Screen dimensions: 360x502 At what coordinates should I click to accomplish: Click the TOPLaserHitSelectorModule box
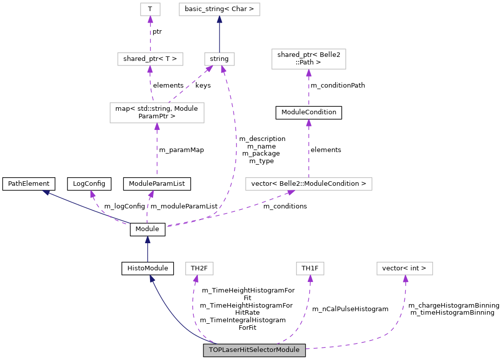tap(254, 350)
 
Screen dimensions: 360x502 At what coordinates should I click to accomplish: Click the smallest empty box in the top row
tap(150, 9)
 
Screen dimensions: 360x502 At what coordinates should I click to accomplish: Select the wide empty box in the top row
tap(220, 9)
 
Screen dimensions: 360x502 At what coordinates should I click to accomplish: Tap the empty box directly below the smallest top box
tap(150, 59)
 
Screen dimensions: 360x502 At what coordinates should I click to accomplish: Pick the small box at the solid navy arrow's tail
tap(220, 59)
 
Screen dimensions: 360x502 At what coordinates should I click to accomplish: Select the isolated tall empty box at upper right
tap(309, 59)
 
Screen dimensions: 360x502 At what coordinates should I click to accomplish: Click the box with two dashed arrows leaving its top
tap(157, 113)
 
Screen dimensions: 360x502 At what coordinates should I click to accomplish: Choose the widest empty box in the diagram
tap(309, 184)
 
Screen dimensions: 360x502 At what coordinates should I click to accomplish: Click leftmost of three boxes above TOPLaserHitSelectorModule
tap(199, 268)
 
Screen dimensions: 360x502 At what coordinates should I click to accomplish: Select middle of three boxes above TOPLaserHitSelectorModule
tap(310, 268)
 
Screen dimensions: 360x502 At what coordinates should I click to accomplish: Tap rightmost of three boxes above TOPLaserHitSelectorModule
tap(405, 268)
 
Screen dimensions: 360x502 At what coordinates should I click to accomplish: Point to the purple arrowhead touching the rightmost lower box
tap(405, 279)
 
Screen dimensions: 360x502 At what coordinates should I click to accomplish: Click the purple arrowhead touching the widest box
tap(291, 192)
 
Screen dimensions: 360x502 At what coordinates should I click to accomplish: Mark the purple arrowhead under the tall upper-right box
tap(309, 73)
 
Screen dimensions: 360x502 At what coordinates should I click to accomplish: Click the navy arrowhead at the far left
tap(46, 192)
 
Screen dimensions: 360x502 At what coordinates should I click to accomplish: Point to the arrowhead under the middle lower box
tap(310, 279)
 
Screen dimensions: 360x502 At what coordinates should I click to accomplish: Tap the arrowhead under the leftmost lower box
tap(196, 279)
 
